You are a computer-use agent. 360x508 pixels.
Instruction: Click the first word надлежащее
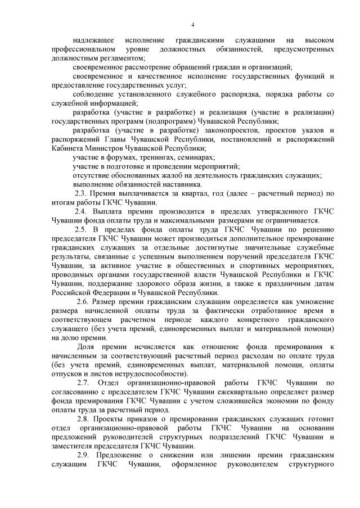pos(94,40)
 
